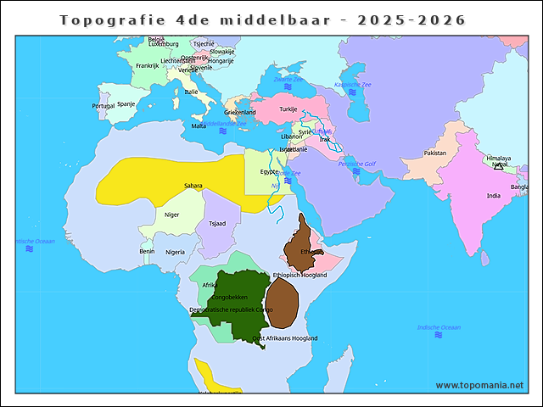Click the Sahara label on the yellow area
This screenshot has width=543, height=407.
tap(193, 186)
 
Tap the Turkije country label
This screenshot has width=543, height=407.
tap(288, 109)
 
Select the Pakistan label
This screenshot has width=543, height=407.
tap(434, 153)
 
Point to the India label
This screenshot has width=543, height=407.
tap(493, 196)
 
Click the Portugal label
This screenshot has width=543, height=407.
tap(103, 106)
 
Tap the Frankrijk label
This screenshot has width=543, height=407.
tap(147, 65)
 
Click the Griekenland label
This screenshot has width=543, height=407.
tap(239, 112)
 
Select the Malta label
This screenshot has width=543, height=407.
tap(199, 125)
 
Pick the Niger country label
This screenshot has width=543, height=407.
tap(171, 215)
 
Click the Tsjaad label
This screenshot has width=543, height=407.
tap(217, 224)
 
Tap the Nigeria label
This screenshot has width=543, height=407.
tap(175, 252)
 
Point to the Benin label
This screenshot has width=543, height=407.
tap(147, 251)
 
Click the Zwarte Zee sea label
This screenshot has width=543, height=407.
tap(288, 79)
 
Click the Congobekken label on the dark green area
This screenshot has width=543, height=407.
tap(229, 298)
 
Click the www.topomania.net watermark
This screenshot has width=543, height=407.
tap(479, 385)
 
